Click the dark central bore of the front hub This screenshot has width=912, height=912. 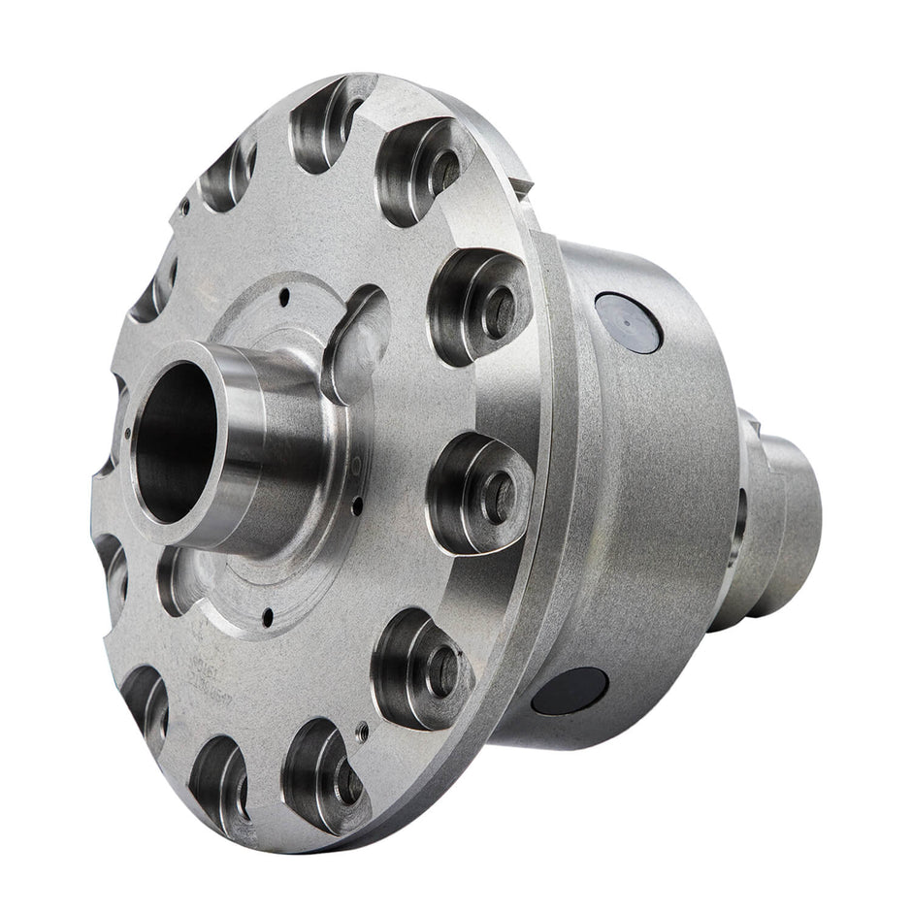pos(175,441)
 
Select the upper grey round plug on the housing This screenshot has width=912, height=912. pos(628,322)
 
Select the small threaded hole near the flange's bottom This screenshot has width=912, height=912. pos(362,733)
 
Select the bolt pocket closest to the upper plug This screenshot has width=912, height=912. pos(480,306)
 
